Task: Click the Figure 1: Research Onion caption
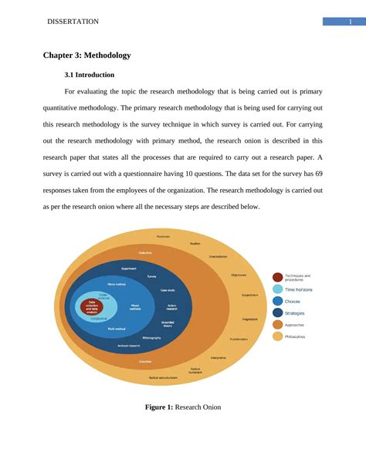183,407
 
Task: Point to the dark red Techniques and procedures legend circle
277,277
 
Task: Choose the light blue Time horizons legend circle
277,289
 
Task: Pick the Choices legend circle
277,301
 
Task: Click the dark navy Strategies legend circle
277,313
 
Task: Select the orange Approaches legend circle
277,325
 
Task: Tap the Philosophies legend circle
277,336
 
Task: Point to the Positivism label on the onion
163,236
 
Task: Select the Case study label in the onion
168,290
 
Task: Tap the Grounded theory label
168,325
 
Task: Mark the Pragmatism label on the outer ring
249,319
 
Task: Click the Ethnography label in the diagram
152,338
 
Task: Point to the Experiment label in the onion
129,269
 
